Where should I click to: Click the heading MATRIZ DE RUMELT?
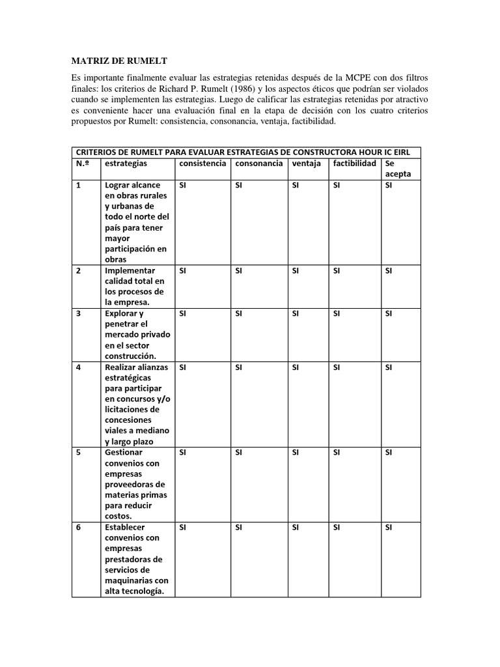(x=118, y=61)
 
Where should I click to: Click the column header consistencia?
(x=202, y=163)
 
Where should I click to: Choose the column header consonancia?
(x=259, y=163)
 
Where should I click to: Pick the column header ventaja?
(x=307, y=163)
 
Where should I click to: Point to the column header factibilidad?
(x=354, y=163)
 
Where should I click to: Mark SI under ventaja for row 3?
(x=296, y=313)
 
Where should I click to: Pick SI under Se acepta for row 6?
(x=389, y=527)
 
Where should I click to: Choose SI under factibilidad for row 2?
(x=337, y=270)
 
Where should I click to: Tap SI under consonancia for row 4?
(x=239, y=367)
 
